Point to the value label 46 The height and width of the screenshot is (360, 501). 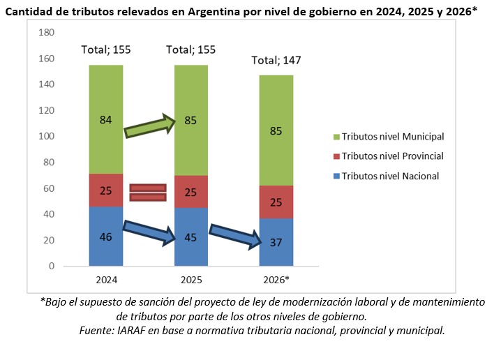(105, 237)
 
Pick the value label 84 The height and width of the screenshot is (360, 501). (105, 120)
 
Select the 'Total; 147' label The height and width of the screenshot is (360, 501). (277, 61)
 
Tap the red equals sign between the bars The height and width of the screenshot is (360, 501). (148, 192)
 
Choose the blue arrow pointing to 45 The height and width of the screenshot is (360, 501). (148, 232)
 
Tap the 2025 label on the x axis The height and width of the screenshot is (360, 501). (191, 280)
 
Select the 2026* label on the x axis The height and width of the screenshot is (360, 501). (277, 280)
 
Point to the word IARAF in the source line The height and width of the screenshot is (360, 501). (141, 330)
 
